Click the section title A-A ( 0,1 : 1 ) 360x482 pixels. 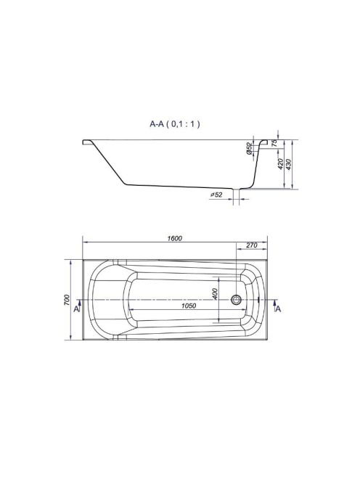click(175, 124)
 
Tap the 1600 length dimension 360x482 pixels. click(175, 238)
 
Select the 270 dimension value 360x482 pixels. click(251, 245)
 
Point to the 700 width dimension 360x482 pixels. click(67, 300)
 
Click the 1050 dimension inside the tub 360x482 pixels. click(189, 306)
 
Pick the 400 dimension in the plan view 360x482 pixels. click(215, 294)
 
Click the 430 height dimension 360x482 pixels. click(289, 165)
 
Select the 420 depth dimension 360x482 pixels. click(280, 165)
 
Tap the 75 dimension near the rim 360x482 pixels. click(274, 142)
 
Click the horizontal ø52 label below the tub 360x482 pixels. click(216, 195)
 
